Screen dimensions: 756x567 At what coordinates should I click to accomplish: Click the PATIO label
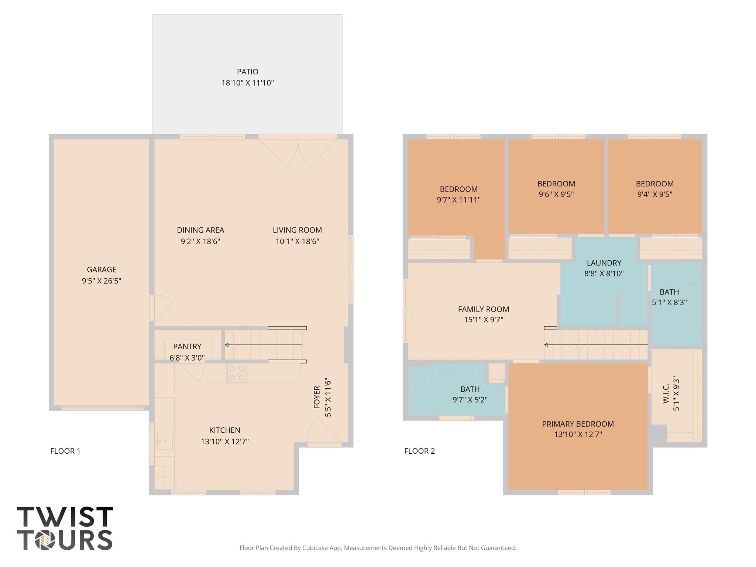[248, 72]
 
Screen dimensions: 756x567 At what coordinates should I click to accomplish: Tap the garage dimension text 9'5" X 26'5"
[102, 281]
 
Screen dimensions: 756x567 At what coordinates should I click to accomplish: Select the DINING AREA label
[200, 230]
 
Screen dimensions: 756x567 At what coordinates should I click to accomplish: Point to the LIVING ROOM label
[297, 230]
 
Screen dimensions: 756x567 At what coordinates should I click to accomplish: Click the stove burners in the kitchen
[237, 373]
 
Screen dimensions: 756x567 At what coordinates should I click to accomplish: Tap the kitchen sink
[165, 441]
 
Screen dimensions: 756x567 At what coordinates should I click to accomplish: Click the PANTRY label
[187, 347]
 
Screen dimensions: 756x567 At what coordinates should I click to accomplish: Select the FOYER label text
[317, 397]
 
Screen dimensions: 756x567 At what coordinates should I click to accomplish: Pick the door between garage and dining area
[161, 308]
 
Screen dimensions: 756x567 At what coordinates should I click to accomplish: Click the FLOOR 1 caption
[65, 451]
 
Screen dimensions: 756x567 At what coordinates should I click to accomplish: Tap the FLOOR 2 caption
[420, 451]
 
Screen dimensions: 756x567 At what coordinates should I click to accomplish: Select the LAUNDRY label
[604, 263]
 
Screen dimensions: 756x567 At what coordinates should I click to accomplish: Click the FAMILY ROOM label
[484, 309]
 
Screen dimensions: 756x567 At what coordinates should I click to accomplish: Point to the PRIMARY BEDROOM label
[578, 424]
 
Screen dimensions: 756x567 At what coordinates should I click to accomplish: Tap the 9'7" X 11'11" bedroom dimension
[459, 200]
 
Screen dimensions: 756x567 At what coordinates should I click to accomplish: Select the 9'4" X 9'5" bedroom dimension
[655, 194]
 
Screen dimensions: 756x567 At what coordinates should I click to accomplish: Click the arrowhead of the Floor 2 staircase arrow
[546, 345]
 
